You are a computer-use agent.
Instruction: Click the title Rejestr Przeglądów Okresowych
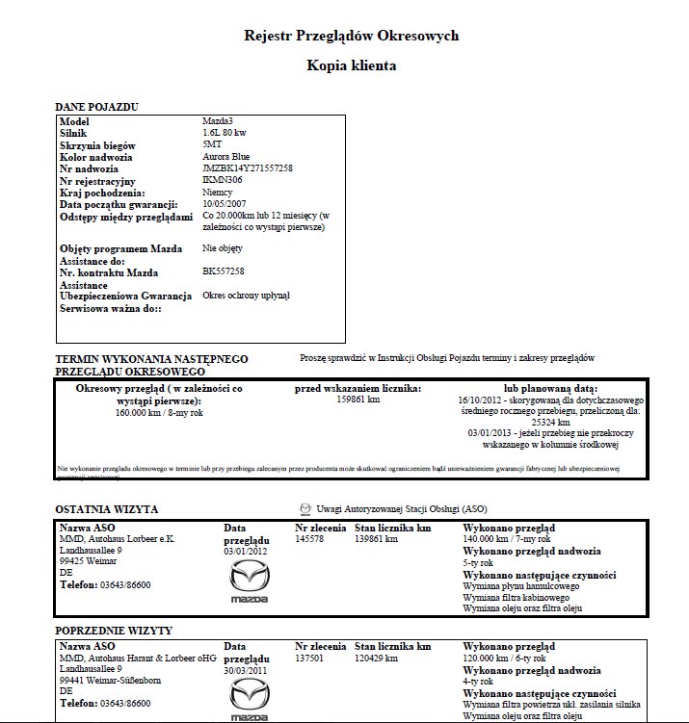click(351, 36)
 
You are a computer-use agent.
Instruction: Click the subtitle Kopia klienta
click(351, 65)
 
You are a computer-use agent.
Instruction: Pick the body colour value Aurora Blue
click(226, 157)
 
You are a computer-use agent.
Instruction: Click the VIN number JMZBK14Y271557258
click(248, 168)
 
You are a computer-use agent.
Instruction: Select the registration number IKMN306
click(224, 180)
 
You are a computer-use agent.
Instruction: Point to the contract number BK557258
click(224, 271)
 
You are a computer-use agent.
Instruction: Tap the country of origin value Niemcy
click(219, 192)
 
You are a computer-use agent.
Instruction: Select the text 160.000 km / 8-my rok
click(159, 412)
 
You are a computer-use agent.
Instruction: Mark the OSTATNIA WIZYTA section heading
click(107, 509)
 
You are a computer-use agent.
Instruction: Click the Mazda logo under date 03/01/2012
click(249, 582)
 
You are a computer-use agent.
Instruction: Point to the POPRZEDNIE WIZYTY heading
click(114, 631)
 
